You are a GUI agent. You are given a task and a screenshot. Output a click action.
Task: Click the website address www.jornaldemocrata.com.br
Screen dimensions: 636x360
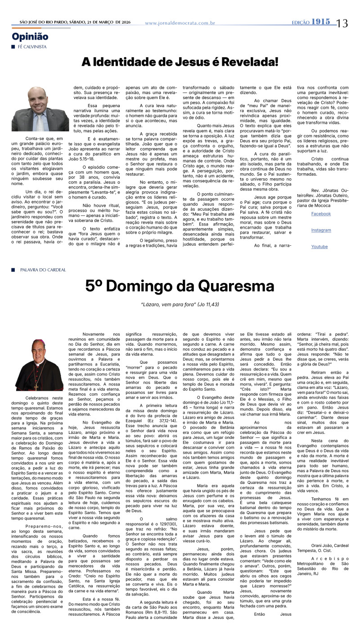pyautogui.click(x=180, y=23)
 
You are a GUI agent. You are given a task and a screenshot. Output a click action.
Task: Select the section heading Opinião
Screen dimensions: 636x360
pyautogui.click(x=30, y=37)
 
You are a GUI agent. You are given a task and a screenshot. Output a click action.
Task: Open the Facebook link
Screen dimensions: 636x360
pyautogui.click(x=321, y=214)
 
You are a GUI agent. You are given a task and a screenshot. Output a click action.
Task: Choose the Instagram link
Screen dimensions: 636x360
pyautogui.click(x=321, y=230)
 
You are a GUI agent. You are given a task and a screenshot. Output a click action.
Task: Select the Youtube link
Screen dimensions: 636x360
pyautogui.click(x=319, y=247)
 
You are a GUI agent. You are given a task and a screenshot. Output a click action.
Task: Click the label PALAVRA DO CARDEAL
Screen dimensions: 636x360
pyautogui.click(x=43, y=270)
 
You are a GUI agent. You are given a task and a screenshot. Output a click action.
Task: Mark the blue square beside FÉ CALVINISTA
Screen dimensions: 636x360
pyautogui.click(x=13, y=47)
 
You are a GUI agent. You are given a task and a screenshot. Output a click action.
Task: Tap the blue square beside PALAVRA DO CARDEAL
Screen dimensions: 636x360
pyautogui.click(x=13, y=270)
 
